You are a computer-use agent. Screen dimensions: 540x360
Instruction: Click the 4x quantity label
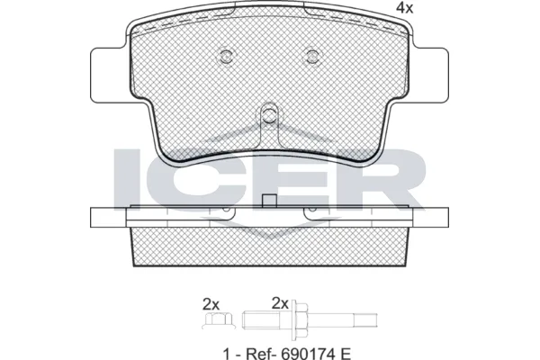pyautogui.click(x=404, y=7)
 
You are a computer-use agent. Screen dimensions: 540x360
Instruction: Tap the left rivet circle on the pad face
pyautogui.click(x=226, y=56)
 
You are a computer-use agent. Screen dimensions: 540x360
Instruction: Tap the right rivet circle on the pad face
pyautogui.click(x=312, y=56)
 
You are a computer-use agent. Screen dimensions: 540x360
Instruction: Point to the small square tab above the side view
pyautogui.click(x=270, y=202)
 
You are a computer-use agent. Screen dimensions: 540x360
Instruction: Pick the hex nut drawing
pyautogui.click(x=219, y=320)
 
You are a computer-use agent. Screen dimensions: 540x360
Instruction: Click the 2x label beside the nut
pyautogui.click(x=211, y=304)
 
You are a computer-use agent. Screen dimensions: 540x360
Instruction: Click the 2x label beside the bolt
pyautogui.click(x=280, y=303)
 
